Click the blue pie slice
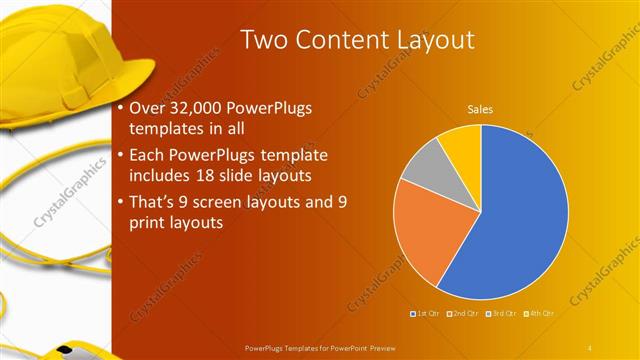520,220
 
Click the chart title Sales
481,109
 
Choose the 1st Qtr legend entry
427,314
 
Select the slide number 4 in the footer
591,347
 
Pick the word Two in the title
262,40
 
